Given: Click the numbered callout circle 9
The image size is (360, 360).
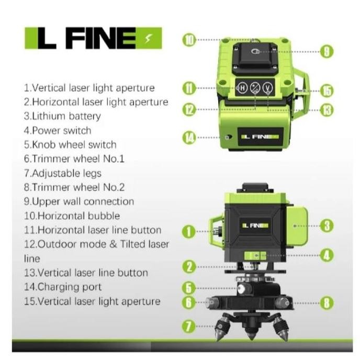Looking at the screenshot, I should click(325, 51).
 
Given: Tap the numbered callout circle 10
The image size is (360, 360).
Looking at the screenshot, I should click(189, 39).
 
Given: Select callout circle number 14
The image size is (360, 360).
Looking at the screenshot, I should click(189, 138).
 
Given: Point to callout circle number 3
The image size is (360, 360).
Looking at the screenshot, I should click(326, 226).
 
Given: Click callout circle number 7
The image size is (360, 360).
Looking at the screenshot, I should click(189, 327).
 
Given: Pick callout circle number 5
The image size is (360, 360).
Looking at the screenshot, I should click(189, 287).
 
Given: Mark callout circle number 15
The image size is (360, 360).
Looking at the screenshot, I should click(326, 91).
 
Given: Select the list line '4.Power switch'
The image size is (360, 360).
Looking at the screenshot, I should click(58, 130).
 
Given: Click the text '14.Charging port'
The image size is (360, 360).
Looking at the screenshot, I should click(63, 287).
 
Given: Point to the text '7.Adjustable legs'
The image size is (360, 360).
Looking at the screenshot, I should click(63, 173).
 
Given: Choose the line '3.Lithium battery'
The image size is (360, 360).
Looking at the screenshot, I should click(62, 116).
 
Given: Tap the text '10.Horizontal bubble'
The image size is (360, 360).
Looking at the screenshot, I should click(72, 216).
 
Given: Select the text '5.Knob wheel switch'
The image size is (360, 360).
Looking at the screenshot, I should click(70, 144).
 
